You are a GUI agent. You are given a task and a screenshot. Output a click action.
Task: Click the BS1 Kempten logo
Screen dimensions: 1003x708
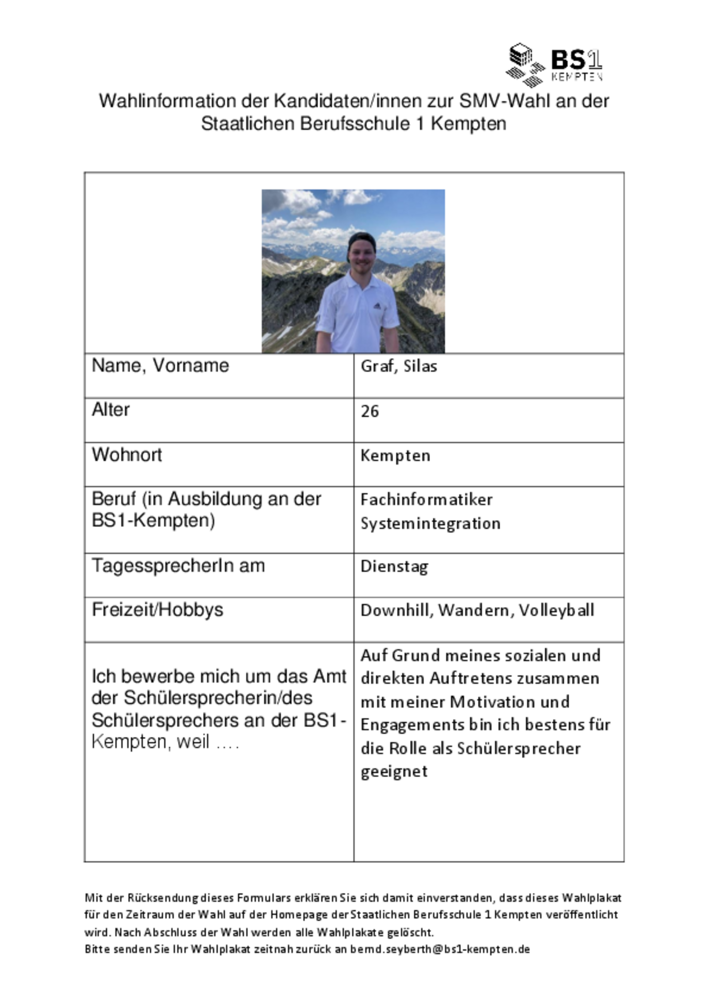(554, 65)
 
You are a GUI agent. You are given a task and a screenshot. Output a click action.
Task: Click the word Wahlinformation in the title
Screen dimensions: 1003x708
(167, 101)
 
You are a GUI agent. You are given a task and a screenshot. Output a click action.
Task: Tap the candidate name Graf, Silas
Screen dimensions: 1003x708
(399, 367)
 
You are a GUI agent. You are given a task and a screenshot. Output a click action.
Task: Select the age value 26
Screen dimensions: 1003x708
(370, 411)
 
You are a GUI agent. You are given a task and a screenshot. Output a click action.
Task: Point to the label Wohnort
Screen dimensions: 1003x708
(127, 455)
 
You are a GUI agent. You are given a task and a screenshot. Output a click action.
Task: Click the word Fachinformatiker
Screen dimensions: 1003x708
(426, 500)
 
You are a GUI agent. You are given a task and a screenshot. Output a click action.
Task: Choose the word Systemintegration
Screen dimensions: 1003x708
(430, 523)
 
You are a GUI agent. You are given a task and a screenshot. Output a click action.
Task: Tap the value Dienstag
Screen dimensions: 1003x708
(394, 566)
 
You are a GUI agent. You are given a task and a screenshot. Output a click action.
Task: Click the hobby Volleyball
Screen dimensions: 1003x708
(556, 610)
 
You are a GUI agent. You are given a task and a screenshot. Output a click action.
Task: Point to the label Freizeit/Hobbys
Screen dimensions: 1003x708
(158, 610)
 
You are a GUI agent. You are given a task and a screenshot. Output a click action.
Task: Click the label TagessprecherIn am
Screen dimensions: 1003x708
(178, 565)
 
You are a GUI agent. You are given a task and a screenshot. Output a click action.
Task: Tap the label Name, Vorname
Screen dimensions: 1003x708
(160, 366)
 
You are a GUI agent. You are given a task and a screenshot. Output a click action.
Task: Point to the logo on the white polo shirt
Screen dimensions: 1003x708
(377, 305)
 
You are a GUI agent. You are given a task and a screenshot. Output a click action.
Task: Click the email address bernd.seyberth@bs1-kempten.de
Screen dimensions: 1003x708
(440, 949)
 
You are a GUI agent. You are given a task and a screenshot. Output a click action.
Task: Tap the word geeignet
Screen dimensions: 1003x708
(394, 771)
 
